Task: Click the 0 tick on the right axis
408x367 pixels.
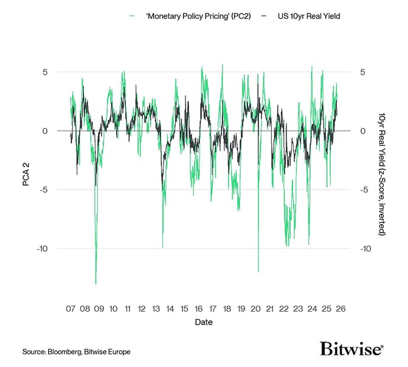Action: [x=362, y=131]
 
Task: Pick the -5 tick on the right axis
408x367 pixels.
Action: [x=364, y=190]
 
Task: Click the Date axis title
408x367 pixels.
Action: [x=204, y=322]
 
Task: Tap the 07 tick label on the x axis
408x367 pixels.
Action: [x=71, y=309]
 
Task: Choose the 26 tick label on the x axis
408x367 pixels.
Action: [x=341, y=309]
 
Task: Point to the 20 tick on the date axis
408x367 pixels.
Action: [x=255, y=309]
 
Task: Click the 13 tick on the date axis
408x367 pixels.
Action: [x=156, y=309]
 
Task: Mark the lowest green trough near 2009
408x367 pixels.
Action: [x=95, y=283]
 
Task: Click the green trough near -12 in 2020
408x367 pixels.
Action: [x=258, y=272]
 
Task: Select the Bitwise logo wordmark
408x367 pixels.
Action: [x=351, y=349]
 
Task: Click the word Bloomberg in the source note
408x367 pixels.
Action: [x=65, y=352]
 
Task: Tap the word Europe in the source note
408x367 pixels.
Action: [x=119, y=352]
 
